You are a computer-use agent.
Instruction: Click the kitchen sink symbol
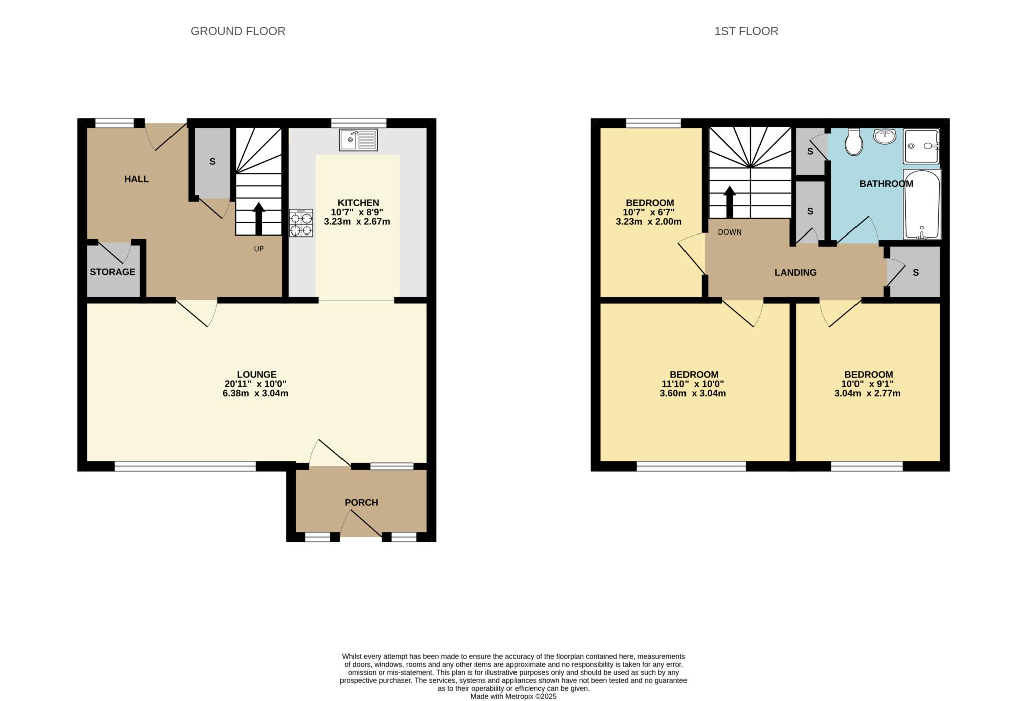click(x=358, y=140)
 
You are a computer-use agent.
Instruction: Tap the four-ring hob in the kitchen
click(x=301, y=223)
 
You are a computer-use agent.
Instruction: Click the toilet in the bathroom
click(x=853, y=142)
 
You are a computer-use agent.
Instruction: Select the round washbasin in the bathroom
click(x=885, y=136)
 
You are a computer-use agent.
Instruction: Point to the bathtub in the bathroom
click(x=922, y=204)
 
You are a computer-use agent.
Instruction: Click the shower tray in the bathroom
click(x=921, y=146)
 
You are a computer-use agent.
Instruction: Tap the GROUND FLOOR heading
click(x=238, y=31)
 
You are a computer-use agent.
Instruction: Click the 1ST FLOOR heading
click(x=746, y=31)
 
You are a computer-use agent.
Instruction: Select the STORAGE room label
click(x=112, y=272)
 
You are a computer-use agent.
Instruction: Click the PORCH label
click(x=361, y=502)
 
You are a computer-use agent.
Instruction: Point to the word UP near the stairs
click(x=258, y=249)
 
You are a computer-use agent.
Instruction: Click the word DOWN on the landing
click(x=729, y=232)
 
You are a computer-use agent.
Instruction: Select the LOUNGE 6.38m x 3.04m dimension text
click(x=255, y=393)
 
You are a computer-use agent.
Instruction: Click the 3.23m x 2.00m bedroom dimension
click(x=648, y=222)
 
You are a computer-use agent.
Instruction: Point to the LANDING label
click(x=795, y=273)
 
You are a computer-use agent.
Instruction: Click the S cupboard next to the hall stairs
click(x=212, y=162)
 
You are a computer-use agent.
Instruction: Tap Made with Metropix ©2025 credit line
click(x=513, y=696)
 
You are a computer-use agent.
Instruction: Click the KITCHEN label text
click(x=358, y=203)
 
